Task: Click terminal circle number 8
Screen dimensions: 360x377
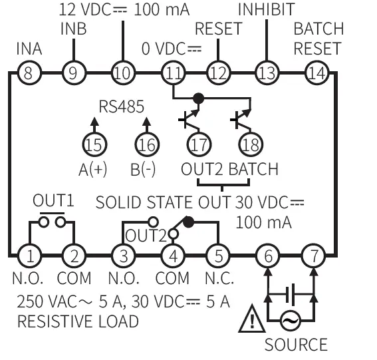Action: click(x=27, y=73)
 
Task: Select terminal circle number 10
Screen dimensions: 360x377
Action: click(x=122, y=73)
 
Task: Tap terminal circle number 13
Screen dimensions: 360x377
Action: click(x=265, y=73)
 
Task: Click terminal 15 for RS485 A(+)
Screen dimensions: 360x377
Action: click(x=94, y=143)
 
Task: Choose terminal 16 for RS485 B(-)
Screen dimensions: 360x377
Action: click(x=147, y=143)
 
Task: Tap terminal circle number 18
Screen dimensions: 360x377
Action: click(x=251, y=143)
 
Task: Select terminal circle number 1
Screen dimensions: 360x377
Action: click(x=27, y=255)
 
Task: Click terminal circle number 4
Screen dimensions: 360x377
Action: click(x=171, y=255)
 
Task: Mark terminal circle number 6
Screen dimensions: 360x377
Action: click(x=267, y=255)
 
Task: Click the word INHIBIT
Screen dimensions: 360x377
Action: click(x=265, y=11)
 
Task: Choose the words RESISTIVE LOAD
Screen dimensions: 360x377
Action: click(x=78, y=322)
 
